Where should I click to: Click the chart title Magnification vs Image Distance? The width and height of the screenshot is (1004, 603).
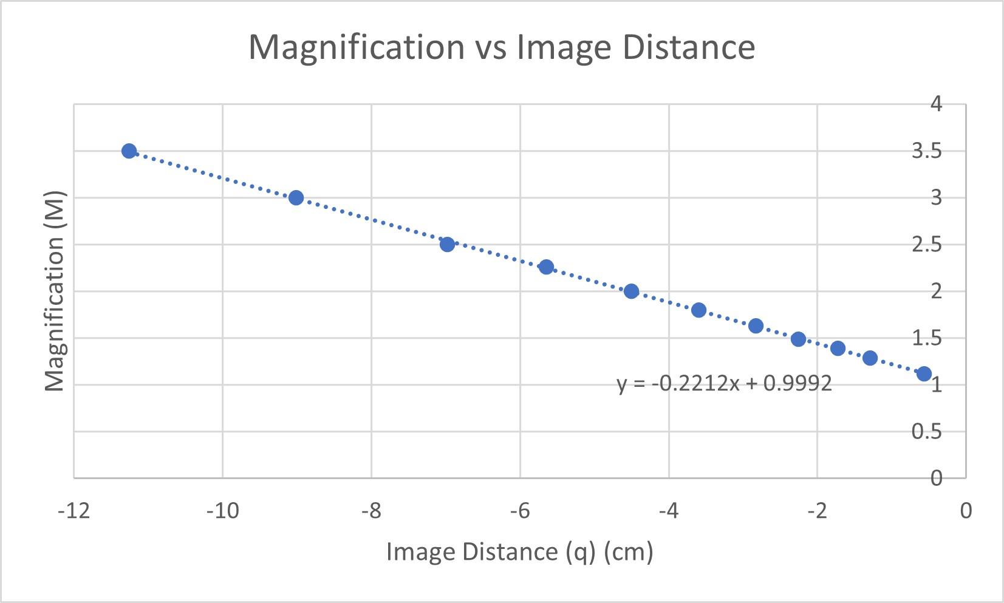(502, 47)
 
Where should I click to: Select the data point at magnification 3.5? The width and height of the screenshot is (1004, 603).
(129, 151)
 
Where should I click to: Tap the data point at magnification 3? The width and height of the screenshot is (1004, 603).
(296, 197)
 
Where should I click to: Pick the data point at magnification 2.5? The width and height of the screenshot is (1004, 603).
(447, 244)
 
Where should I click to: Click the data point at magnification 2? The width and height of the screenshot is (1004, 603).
(631, 291)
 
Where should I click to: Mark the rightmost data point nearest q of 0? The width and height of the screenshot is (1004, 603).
(924, 373)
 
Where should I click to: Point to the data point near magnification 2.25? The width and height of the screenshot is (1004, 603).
(546, 267)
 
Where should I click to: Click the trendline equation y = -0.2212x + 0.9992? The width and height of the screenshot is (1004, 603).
(724, 383)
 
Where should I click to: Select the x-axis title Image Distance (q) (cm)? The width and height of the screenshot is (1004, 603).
(519, 552)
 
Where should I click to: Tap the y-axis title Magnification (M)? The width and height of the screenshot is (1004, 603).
(55, 291)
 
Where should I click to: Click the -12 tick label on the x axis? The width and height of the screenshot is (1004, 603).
(74, 511)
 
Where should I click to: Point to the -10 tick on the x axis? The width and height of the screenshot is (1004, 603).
(222, 511)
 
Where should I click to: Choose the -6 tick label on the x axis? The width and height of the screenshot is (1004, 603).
(520, 511)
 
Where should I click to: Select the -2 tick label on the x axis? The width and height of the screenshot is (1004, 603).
(817, 511)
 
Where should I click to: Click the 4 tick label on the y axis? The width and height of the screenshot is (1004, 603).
(936, 104)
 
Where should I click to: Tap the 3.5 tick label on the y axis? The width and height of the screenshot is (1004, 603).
(927, 151)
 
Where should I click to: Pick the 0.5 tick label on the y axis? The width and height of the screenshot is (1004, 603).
(927, 431)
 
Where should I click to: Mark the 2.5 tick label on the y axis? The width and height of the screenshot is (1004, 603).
(927, 244)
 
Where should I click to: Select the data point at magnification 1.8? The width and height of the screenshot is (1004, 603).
(698, 310)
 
